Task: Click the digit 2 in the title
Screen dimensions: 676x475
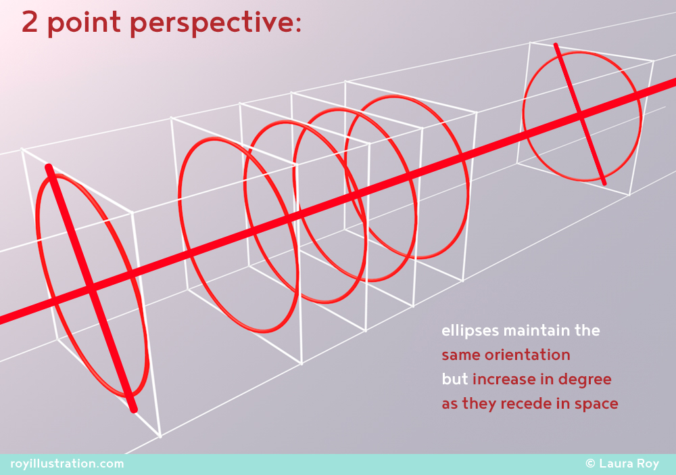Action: (29, 22)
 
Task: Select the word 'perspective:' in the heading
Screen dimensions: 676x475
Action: (216, 24)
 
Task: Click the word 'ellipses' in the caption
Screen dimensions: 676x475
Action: (470, 331)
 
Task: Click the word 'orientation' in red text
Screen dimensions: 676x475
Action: (527, 355)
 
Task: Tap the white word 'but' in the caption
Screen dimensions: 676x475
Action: (455, 379)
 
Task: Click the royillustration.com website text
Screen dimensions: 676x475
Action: (67, 464)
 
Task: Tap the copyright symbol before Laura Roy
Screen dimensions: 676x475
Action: (590, 463)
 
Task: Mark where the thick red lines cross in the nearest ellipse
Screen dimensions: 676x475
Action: (91, 287)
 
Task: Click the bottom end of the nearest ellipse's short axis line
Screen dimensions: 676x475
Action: (134, 410)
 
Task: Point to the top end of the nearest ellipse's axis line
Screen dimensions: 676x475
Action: (49, 167)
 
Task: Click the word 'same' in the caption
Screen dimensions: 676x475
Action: (460, 355)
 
